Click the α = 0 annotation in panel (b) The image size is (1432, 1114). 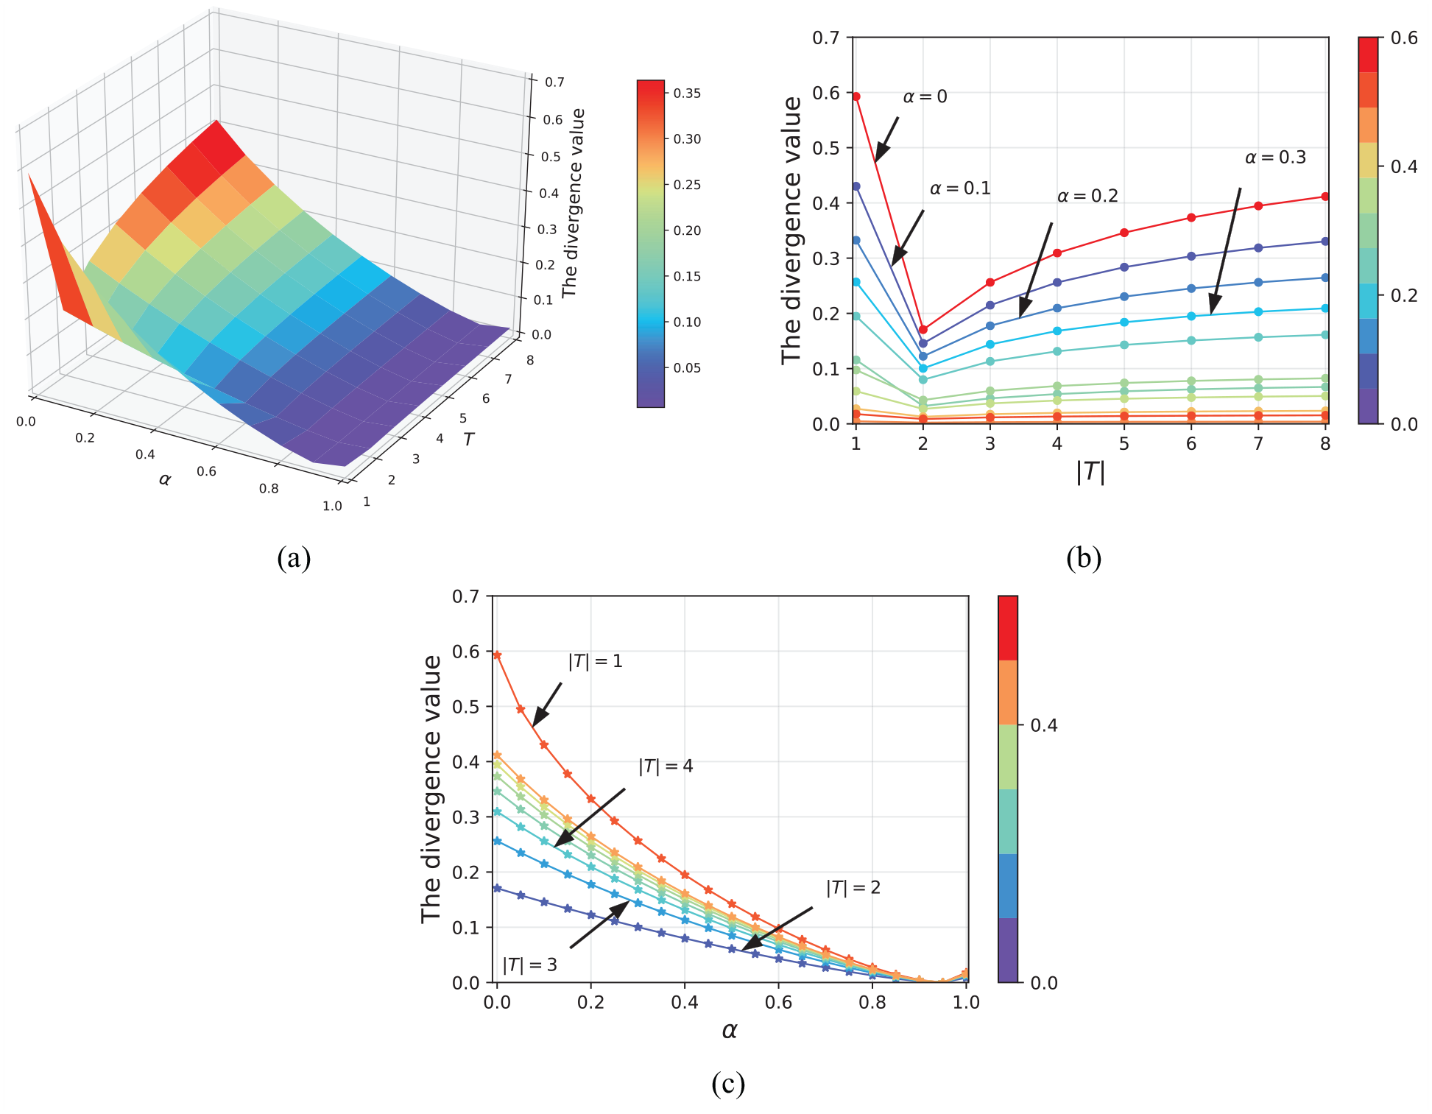[x=925, y=96]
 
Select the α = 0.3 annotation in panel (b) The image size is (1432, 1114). [x=1275, y=157]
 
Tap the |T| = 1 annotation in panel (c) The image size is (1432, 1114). [x=595, y=661]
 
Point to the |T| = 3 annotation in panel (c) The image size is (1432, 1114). [x=529, y=965]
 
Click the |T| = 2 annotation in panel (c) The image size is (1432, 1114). [x=853, y=887]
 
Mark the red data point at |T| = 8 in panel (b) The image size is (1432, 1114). [x=1325, y=197]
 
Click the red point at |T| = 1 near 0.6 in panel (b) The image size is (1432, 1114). [x=856, y=96]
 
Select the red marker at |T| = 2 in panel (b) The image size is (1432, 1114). [x=923, y=329]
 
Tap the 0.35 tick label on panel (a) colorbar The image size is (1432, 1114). [x=687, y=94]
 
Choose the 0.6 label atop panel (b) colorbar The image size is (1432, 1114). [x=1404, y=38]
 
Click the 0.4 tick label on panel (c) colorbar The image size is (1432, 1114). [x=1043, y=725]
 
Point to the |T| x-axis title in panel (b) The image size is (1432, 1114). [x=1090, y=471]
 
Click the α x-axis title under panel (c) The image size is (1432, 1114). [x=730, y=1030]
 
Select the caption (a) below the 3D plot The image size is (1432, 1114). [x=294, y=557]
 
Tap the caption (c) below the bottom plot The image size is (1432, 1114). [x=728, y=1083]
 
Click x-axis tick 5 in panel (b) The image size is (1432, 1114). [x=1124, y=443]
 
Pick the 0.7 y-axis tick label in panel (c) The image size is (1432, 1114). [x=465, y=596]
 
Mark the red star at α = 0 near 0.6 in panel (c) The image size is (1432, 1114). [x=497, y=655]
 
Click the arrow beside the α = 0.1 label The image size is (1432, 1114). [x=908, y=238]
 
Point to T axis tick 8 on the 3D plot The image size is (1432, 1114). [x=530, y=361]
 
